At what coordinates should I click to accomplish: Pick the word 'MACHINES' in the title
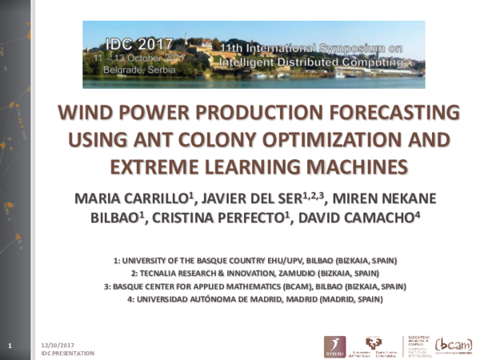point(346,167)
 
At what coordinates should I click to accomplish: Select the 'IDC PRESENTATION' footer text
point(67,353)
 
